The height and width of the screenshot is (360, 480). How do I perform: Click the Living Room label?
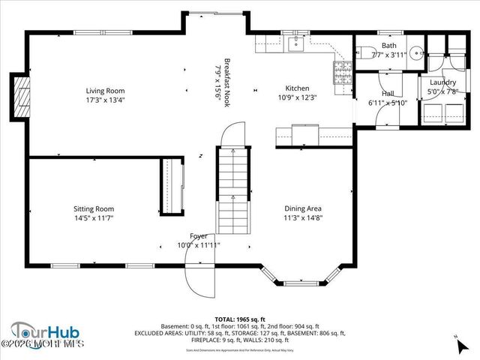(x=104, y=91)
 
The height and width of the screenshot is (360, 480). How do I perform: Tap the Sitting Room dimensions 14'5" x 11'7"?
(x=94, y=218)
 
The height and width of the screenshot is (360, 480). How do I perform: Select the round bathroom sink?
(x=418, y=53)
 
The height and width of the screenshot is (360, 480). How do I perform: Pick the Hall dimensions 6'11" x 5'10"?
(x=387, y=103)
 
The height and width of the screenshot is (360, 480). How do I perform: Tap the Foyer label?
(x=198, y=235)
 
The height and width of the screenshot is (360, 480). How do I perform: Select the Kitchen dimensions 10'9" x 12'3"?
(x=298, y=97)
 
